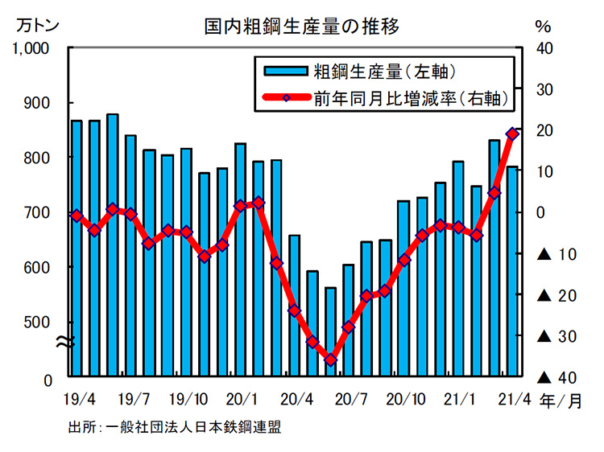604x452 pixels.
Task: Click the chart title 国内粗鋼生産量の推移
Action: pos(300,26)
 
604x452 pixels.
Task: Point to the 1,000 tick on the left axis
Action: pos(32,48)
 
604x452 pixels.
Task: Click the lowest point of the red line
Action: pos(330,360)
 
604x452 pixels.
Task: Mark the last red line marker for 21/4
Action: pos(512,134)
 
